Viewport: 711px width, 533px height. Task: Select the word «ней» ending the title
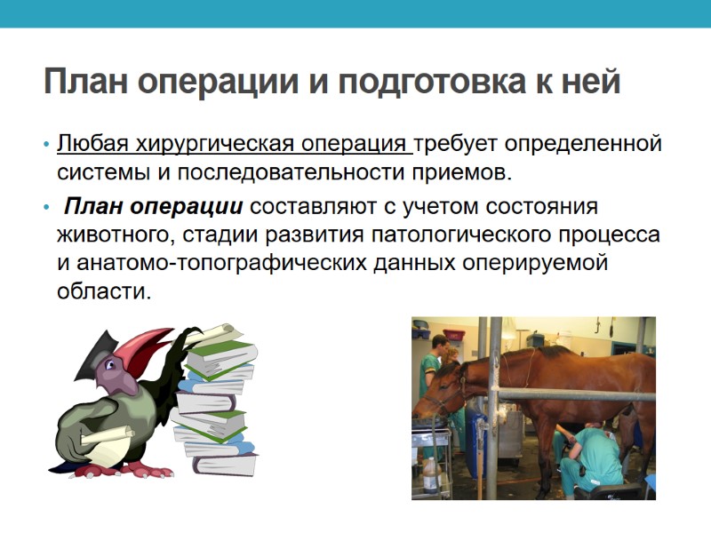coord(589,83)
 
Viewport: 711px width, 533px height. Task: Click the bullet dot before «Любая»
coord(45,145)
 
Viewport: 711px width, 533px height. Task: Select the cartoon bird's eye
coord(112,365)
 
